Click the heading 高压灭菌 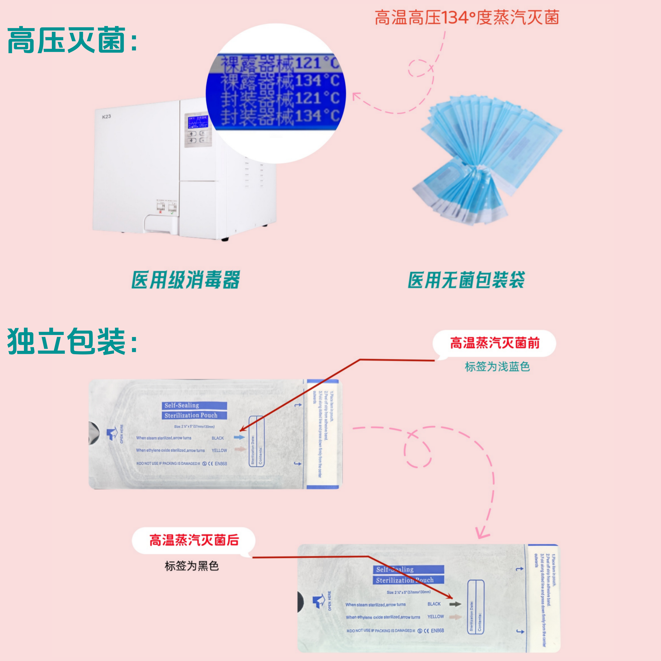pos(72,40)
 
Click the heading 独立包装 pos(72,341)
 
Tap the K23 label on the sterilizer pos(106,117)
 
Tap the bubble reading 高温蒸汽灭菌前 pos(494,343)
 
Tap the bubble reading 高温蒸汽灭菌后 pos(194,541)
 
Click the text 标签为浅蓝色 pos(497,367)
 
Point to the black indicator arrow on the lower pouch pos(455,604)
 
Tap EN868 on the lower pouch pos(437,631)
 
